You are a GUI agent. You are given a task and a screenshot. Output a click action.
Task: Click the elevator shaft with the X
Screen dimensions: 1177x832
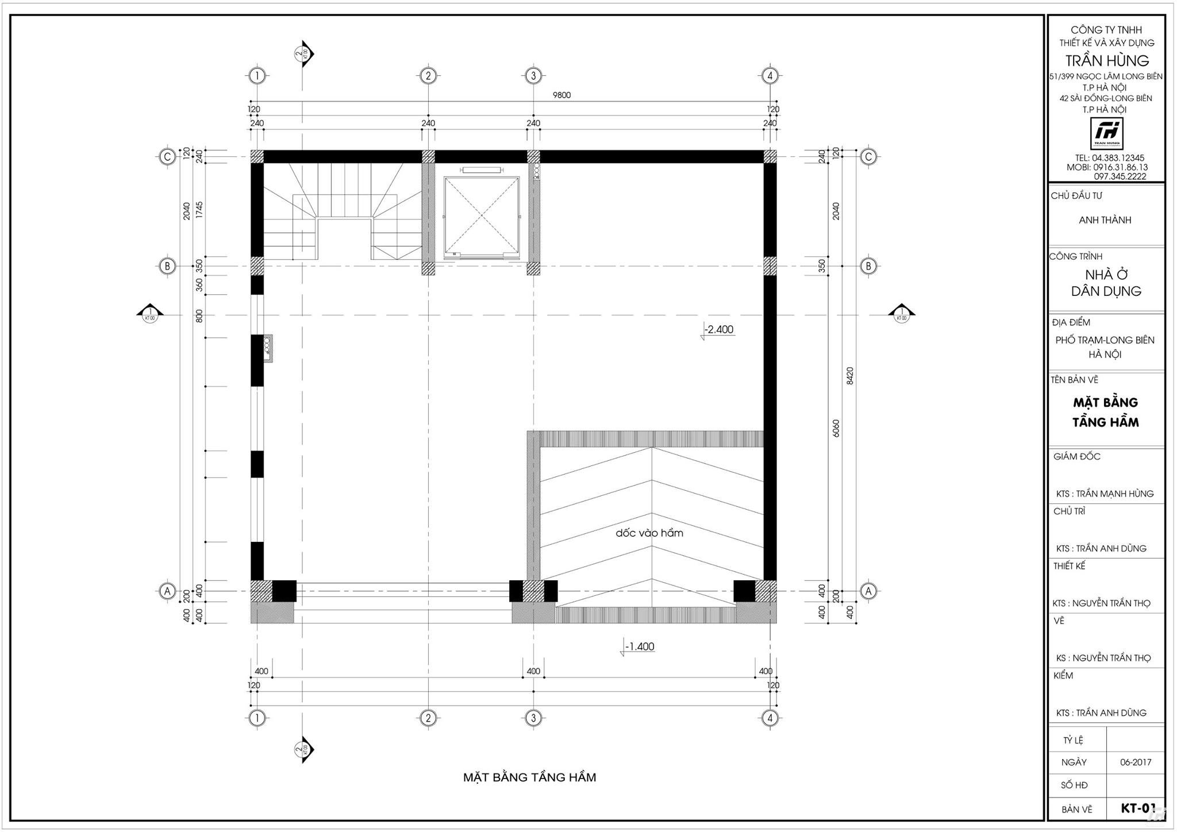tap(481, 217)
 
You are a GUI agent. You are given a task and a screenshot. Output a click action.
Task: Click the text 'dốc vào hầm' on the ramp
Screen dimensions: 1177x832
tap(649, 533)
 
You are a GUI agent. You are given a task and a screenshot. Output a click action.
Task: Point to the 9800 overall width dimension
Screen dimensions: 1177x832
tap(561, 95)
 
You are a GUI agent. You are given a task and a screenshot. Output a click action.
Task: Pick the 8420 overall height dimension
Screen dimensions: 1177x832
tap(851, 376)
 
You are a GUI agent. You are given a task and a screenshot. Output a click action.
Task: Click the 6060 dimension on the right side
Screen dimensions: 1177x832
tap(836, 428)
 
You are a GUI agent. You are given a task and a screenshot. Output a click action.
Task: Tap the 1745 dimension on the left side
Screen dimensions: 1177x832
tap(199, 210)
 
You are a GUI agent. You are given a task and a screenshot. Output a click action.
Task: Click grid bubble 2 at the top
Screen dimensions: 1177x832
tap(428, 75)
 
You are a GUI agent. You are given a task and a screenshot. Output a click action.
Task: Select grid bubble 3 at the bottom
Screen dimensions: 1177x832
tap(533, 718)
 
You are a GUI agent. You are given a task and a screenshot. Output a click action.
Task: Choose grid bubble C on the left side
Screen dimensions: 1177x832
tap(167, 156)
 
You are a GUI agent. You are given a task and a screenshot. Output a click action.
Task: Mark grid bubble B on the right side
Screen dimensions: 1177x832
tap(868, 266)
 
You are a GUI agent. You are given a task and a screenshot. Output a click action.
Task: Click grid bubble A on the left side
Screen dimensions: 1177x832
tap(167, 591)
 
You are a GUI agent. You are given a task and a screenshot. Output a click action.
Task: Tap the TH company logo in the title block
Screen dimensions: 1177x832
tap(1106, 133)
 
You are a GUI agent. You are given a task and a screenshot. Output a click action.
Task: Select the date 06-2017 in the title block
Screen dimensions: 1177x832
tap(1136, 762)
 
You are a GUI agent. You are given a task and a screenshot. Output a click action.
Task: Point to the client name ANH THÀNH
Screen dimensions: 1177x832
tap(1105, 220)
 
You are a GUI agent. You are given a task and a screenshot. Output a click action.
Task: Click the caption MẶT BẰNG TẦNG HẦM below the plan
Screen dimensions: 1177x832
tap(529, 777)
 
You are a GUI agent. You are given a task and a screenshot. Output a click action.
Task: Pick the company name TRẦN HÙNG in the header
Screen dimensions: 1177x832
tap(1107, 60)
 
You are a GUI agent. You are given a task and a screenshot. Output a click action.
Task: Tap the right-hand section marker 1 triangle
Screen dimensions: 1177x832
tap(901, 312)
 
